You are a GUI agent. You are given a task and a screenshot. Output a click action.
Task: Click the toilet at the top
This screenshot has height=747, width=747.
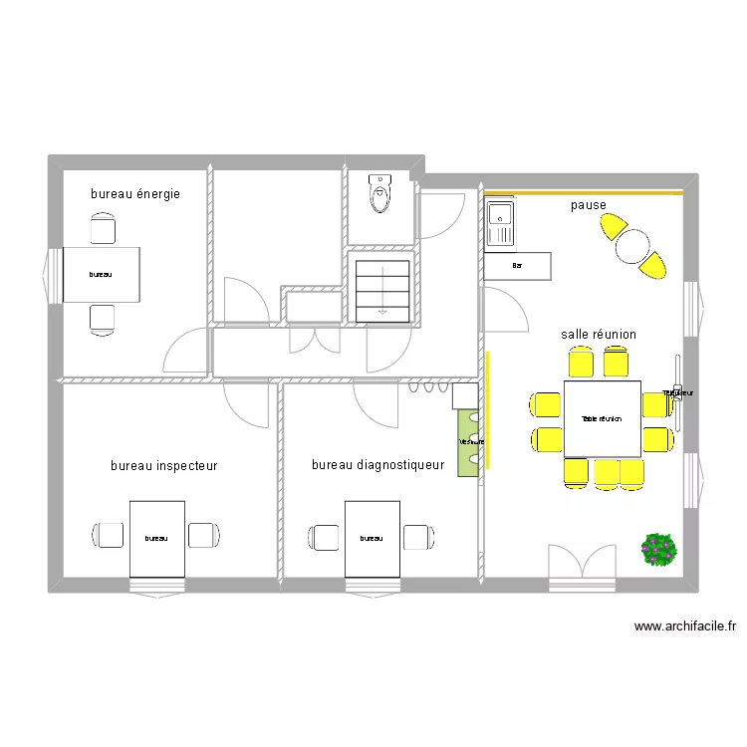coord(379,193)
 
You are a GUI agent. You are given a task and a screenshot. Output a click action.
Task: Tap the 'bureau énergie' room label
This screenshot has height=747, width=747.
coord(135,194)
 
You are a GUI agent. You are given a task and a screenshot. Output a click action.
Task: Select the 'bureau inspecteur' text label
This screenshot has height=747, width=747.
coord(164,465)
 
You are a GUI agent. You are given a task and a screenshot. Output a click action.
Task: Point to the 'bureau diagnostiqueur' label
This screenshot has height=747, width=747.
coord(378,465)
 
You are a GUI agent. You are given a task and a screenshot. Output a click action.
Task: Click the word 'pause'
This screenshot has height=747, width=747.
coord(589,206)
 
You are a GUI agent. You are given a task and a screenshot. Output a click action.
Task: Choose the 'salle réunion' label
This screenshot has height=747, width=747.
coord(599,335)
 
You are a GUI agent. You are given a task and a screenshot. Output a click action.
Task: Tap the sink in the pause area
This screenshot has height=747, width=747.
coord(499,222)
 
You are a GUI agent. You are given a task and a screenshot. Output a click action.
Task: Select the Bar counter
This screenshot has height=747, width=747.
coord(517,266)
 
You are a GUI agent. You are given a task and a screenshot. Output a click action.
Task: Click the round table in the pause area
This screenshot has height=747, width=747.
coord(632,245)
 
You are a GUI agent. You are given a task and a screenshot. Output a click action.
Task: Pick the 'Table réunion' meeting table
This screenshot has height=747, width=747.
coord(602,418)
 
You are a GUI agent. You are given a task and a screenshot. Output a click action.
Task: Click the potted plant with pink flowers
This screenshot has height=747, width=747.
coord(659,549)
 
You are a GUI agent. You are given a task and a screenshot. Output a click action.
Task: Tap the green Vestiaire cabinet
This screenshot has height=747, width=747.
coord(468,442)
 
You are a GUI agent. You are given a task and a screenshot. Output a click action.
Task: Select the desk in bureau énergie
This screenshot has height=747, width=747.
coord(101,274)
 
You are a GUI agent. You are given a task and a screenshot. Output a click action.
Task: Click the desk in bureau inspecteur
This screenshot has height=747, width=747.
coord(156,538)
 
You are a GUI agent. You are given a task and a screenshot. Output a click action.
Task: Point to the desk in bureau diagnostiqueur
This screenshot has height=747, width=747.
coord(372,538)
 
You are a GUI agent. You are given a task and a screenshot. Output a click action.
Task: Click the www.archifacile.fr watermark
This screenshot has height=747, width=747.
coord(684,627)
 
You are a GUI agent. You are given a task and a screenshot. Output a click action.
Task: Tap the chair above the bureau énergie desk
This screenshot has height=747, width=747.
coord(103,231)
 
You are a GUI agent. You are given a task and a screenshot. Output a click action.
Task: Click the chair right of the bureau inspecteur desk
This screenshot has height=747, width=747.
coord(204,536)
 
